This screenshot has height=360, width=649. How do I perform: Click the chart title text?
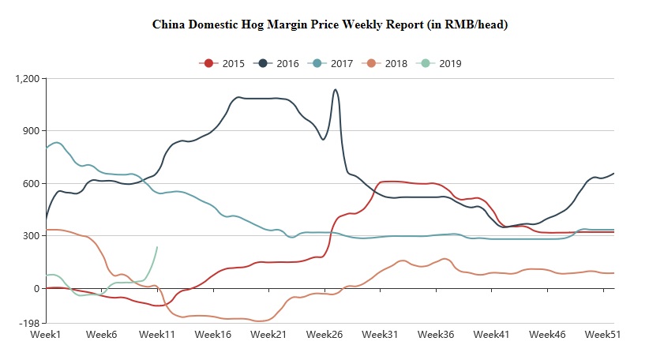click(329, 24)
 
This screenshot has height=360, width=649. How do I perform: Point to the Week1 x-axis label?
click(46, 335)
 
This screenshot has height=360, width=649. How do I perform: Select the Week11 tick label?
click(156, 335)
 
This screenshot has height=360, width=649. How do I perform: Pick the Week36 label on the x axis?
click(436, 335)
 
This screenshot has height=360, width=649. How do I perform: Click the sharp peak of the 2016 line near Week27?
click(336, 89)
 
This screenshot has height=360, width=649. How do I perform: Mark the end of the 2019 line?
click(157, 247)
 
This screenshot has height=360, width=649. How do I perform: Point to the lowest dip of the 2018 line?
click(257, 321)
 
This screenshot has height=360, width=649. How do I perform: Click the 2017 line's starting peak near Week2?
click(57, 142)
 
